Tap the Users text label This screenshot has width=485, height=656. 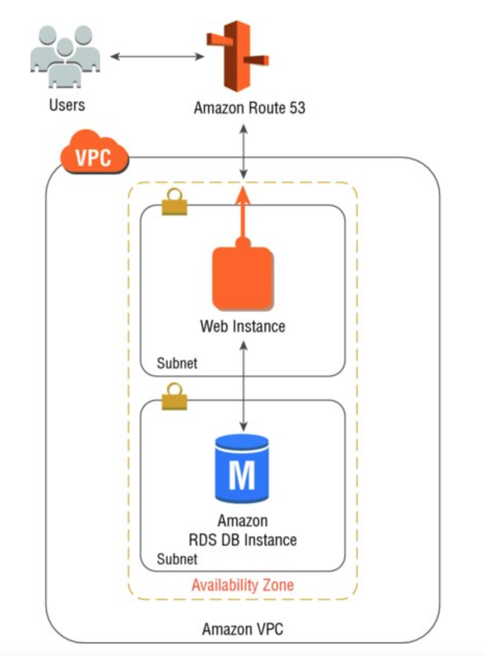point(67,105)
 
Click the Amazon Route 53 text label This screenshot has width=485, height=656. point(249,108)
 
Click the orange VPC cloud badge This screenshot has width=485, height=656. point(93,157)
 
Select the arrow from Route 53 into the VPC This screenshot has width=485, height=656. point(243,150)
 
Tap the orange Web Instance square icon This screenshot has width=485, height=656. point(242,278)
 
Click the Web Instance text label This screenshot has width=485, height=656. point(242,325)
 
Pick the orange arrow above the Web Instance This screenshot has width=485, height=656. point(243,215)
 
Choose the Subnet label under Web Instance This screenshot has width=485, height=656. point(177,362)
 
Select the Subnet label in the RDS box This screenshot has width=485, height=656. point(177,558)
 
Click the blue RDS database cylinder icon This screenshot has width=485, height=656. point(241,469)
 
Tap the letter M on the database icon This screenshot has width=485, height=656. point(241,475)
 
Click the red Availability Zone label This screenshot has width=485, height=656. point(242,585)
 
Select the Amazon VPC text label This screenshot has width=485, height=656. point(242,630)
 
